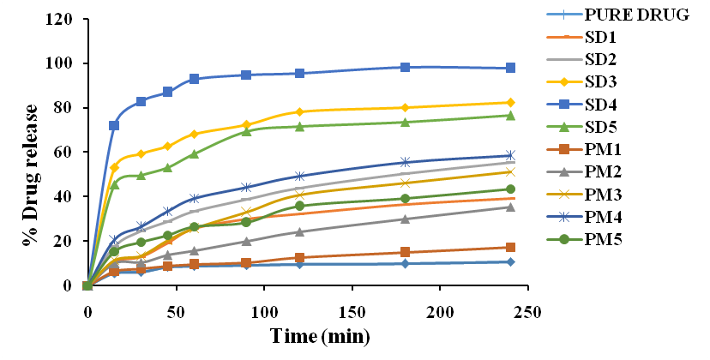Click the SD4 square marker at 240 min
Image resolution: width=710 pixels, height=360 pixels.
(x=510, y=68)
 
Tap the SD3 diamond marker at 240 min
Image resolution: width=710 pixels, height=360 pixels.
(x=510, y=102)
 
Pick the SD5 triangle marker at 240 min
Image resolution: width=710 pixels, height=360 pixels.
(x=510, y=115)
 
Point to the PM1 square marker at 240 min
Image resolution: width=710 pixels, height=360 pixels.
(x=510, y=248)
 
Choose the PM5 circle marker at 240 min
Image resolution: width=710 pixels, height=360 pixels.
(x=510, y=189)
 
